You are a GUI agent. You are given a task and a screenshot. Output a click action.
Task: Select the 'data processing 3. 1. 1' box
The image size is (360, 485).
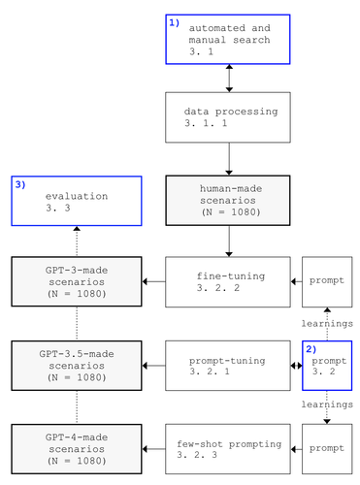coord(228,118)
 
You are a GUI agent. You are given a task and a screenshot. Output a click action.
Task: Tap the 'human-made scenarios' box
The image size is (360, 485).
coord(228,200)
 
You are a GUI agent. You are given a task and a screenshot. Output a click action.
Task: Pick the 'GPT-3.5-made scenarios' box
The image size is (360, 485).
coord(76,366)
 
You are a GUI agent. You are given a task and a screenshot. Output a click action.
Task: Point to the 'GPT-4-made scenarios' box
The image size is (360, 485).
coord(76,448)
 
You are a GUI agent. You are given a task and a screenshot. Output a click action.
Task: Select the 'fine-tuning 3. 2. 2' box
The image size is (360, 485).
coord(228,281)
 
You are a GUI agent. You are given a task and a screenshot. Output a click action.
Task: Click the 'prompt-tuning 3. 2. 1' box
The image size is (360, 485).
coord(228,366)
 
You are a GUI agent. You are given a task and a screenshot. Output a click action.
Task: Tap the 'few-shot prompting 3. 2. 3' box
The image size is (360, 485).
coord(228,448)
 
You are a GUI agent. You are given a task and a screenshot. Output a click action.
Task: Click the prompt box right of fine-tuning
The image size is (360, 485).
coord(326,281)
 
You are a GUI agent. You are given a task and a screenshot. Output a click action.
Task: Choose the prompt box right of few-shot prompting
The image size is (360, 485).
coord(326,448)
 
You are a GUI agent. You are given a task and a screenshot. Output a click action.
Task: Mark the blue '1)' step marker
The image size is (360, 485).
coord(175,21)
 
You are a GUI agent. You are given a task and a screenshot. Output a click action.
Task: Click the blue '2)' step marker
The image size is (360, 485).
coord(311,348)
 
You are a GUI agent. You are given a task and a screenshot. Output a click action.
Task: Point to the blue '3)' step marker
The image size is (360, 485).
coord(19,183)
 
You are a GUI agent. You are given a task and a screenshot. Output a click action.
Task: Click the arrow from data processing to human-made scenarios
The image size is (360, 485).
coord(228,159)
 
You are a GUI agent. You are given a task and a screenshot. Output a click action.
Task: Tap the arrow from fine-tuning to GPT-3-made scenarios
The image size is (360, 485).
coord(154,281)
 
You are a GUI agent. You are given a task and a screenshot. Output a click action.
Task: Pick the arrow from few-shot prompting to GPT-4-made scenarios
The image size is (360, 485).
coord(154,448)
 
